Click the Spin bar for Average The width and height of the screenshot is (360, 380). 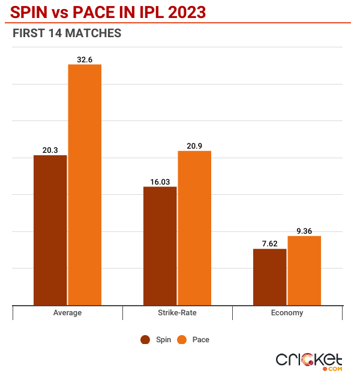(50, 230)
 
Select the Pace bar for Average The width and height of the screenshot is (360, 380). (85, 185)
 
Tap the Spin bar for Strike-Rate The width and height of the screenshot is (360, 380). (160, 246)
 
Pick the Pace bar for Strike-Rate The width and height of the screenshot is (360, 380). (194, 228)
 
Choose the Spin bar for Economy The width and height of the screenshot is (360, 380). (269, 277)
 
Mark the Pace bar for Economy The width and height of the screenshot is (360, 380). (304, 270)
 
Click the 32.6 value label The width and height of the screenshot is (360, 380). (85, 59)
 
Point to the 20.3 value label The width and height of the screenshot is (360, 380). (50, 150)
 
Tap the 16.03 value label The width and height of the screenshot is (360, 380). (160, 181)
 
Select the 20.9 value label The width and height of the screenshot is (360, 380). (194, 146)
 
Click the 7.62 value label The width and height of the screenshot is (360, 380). (269, 243)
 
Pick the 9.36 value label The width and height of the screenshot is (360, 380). (304, 231)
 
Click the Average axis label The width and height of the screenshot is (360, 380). (67, 313)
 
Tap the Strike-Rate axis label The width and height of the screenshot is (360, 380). (177, 313)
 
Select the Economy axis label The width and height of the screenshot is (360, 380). (287, 313)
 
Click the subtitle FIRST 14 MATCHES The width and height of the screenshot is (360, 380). (67, 34)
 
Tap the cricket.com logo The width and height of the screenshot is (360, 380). (309, 360)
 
